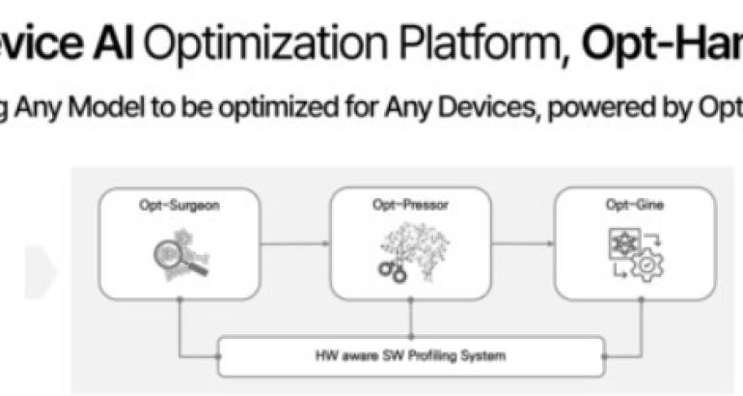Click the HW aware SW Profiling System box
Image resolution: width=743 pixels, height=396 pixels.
pyautogui.click(x=412, y=357)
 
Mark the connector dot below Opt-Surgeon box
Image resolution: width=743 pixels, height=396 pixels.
pyautogui.click(x=179, y=301)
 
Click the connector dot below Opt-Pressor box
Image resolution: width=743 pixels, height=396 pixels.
pyautogui.click(x=412, y=301)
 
